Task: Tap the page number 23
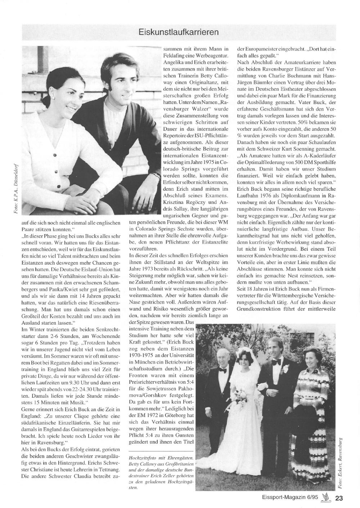[339, 498]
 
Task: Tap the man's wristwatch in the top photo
[156, 176]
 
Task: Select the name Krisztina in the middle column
[175, 203]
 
